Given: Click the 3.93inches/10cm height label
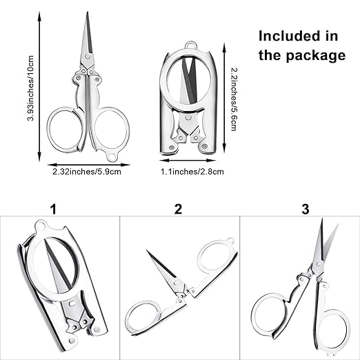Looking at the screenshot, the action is point(31,88).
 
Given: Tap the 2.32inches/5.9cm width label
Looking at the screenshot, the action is point(87,172).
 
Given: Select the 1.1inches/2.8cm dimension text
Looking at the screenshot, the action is point(192,172).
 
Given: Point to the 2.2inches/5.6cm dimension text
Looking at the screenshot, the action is point(234,99).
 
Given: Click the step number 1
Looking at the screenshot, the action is point(53,210).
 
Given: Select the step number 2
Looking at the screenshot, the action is point(178,209).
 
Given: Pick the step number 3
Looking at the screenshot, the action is point(306,210).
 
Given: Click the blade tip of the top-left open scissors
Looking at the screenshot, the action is point(88,12).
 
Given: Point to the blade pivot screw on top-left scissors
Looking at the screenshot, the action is point(87,56).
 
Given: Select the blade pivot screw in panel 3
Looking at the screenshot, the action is point(319,263).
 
